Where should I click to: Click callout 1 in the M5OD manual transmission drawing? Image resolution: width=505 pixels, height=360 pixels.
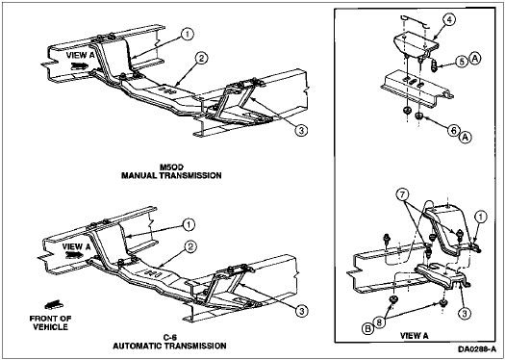pos(186,34)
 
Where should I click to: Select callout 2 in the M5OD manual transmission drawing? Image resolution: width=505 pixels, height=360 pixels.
pos(202,59)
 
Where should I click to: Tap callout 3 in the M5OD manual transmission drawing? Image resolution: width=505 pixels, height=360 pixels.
pos(302,131)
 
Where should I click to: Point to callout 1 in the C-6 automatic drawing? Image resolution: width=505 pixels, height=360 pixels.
pos(189,224)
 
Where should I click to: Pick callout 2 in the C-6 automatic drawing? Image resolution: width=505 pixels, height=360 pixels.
pos(190,246)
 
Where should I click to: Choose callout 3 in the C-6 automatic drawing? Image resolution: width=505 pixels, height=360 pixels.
pos(302,311)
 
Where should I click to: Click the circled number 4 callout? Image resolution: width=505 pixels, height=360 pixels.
pos(450,19)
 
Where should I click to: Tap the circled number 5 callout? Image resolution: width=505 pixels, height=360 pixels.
pos(462,62)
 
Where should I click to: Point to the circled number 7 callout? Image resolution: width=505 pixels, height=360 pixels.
pos(405,194)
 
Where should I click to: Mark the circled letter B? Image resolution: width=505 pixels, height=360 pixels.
pos(367,330)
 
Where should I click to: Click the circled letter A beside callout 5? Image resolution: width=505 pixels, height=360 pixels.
pos(475,59)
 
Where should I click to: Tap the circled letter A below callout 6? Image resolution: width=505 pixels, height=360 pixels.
pos(465,138)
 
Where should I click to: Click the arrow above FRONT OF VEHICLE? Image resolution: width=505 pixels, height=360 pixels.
pos(53,305)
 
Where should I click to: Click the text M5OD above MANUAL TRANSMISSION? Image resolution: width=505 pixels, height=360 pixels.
pos(171,167)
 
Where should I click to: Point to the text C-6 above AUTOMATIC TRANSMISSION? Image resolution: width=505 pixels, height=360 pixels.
pos(169,338)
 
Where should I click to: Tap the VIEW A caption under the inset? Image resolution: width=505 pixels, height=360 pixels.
pos(415,336)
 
